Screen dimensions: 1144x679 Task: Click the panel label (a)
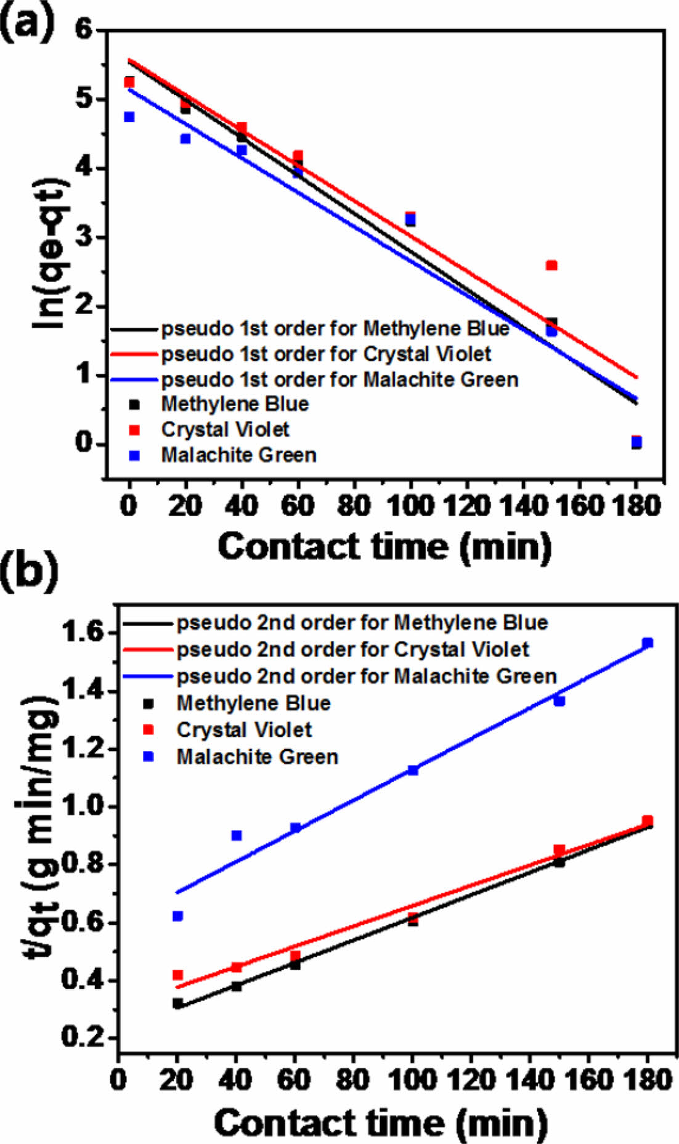pos(27,24)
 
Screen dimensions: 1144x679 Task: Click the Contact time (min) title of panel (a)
pos(384,546)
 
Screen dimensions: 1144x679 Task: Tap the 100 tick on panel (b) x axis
pos(412,1080)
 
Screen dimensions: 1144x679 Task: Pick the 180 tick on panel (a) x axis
pos(636,506)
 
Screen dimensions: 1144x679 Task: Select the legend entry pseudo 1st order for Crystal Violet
pos(326,354)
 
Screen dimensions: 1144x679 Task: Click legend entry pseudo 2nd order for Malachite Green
pos(367,676)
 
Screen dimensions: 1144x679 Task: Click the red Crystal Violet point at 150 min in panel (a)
pos(551,266)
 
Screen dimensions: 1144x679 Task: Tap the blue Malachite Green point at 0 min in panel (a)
pos(129,117)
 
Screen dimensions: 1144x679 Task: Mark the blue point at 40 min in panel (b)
pos(237,835)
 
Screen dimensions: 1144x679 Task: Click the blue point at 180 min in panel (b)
pos(648,643)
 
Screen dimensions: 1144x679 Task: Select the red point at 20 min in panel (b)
pos(177,975)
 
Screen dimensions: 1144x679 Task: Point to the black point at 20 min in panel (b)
pos(177,1004)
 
